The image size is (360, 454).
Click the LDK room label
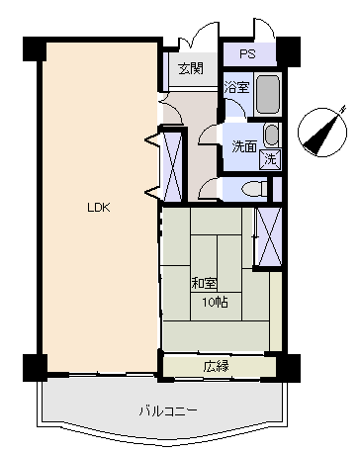[x=98, y=208]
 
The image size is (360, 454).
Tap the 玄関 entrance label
[x=191, y=68]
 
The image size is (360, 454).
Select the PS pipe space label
[x=247, y=53]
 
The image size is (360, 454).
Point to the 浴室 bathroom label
[x=236, y=87]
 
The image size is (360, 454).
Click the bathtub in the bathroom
[x=268, y=94]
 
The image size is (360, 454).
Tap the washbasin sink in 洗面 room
[x=272, y=136]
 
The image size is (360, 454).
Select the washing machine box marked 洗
[x=270, y=159]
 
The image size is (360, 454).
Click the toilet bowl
[x=254, y=189]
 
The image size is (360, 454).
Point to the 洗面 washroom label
[x=244, y=146]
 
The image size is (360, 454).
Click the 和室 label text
[x=204, y=283]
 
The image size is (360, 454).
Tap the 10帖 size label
[x=216, y=302]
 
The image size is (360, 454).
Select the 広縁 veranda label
[x=216, y=366]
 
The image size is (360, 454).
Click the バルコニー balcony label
[x=168, y=410]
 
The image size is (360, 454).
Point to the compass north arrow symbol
[x=322, y=132]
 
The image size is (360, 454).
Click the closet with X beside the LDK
[x=173, y=166]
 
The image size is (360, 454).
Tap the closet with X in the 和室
[x=269, y=236]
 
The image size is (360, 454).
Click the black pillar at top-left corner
[x=35, y=48]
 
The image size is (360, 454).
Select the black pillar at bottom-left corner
[x=35, y=367]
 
